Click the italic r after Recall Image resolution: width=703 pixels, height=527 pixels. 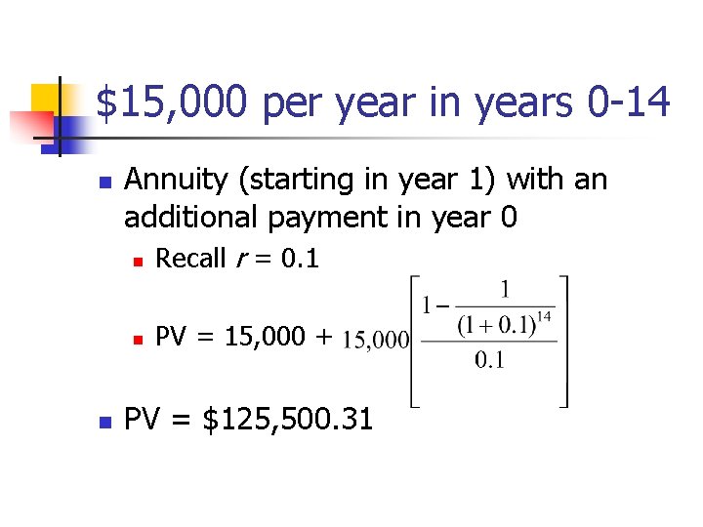[239, 260]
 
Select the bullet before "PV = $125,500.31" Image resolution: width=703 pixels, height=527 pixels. [105, 421]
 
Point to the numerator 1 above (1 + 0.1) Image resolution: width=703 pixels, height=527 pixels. [504, 290]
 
